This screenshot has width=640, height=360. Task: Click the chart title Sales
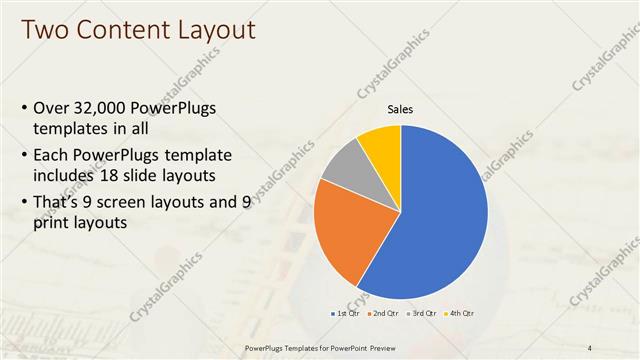(x=400, y=109)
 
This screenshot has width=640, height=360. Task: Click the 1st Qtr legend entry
(x=345, y=313)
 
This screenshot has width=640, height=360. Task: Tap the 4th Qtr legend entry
(x=460, y=313)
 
